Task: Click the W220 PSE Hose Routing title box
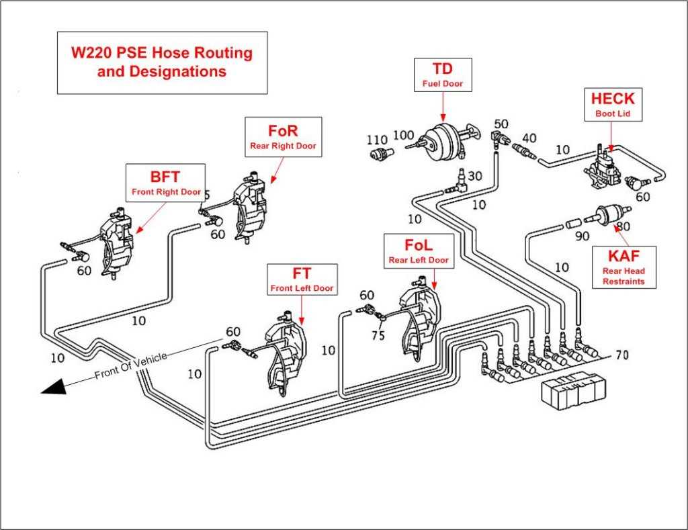tap(162, 62)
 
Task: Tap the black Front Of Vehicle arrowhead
tap(54, 386)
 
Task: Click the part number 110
tap(377, 140)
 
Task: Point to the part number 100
tap(403, 135)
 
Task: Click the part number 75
tap(378, 336)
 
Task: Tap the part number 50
tap(501, 124)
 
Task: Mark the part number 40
tap(529, 138)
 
